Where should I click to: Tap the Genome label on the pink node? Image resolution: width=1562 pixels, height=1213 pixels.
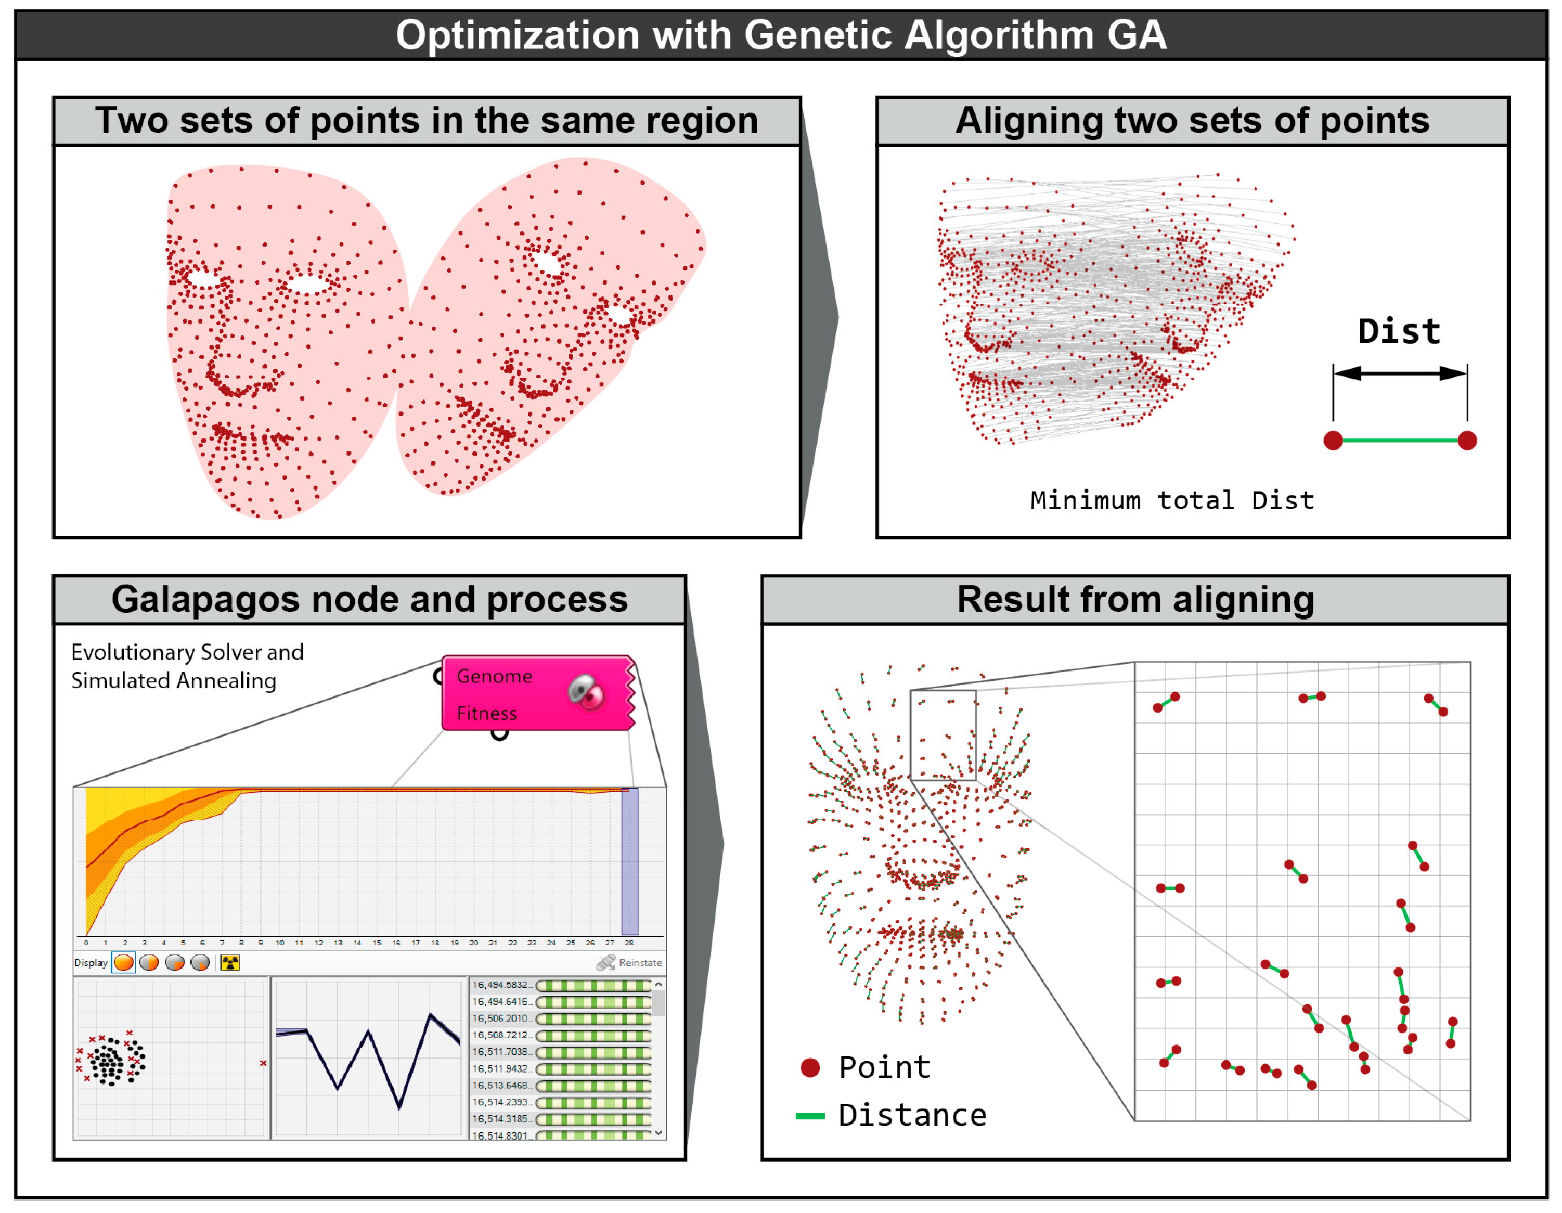click(x=494, y=677)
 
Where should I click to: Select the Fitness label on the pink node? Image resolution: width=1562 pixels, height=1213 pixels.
click(x=486, y=714)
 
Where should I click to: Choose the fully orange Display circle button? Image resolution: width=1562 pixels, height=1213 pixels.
click(x=124, y=963)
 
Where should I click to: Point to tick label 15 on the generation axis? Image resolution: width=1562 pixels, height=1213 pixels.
click(x=377, y=943)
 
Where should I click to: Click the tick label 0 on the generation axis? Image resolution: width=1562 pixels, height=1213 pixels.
click(x=86, y=943)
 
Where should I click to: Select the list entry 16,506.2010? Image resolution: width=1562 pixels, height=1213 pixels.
click(x=500, y=1018)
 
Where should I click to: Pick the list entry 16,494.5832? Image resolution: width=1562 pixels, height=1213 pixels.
click(x=500, y=985)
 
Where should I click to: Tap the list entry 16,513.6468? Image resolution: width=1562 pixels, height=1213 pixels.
click(x=500, y=1085)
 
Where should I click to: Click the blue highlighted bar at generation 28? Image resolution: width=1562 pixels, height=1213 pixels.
click(x=629, y=861)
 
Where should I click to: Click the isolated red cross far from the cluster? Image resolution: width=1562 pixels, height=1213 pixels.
click(x=263, y=1064)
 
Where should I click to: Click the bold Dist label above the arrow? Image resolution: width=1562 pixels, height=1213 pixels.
click(x=1399, y=332)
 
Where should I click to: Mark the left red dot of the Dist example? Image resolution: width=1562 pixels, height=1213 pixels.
click(x=1333, y=441)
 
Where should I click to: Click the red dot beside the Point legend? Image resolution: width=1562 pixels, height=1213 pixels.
click(x=810, y=1068)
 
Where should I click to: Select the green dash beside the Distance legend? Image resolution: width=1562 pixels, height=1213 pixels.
click(x=810, y=1116)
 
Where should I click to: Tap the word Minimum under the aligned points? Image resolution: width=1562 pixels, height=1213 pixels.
click(x=1085, y=500)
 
